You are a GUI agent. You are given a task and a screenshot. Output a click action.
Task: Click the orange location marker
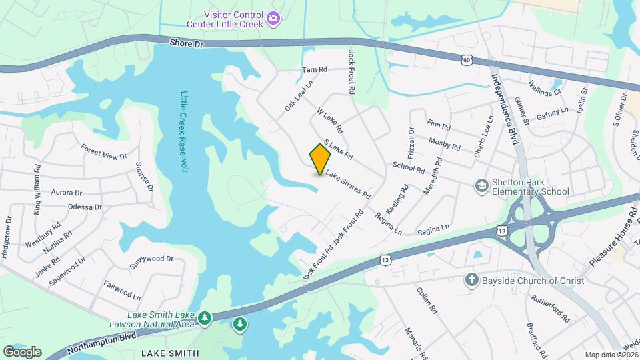tap(321, 159)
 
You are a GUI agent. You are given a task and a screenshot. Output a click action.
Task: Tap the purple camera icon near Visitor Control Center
tap(273, 20)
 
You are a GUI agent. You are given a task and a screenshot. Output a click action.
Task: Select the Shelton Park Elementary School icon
tap(481, 185)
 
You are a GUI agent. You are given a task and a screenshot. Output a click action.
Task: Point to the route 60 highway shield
tap(467, 61)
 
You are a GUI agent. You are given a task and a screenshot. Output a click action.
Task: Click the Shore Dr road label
tap(185, 43)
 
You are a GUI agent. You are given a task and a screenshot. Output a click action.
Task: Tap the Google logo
tap(22, 352)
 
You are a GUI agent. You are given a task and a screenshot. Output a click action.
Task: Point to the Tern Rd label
tap(315, 69)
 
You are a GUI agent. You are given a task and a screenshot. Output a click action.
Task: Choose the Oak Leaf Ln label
tap(294, 97)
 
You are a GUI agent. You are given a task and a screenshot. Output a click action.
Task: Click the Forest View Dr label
tap(103, 152)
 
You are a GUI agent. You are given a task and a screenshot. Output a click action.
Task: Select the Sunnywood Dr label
tap(151, 259)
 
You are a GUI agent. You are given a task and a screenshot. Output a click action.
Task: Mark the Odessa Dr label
tap(85, 207)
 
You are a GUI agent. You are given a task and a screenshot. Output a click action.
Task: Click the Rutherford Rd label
tap(551, 308)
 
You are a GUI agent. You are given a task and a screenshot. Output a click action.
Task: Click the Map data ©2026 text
tap(611, 355)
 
